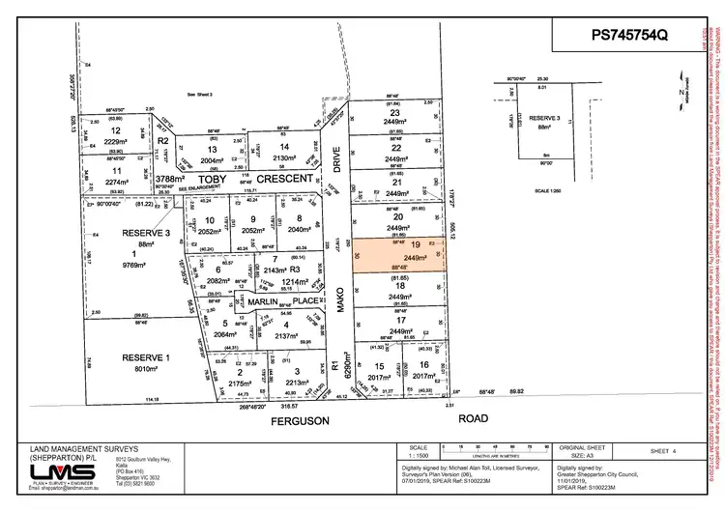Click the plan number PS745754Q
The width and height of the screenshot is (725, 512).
point(628,35)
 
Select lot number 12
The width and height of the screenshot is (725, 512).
point(116,130)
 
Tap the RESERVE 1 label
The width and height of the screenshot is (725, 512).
point(146,358)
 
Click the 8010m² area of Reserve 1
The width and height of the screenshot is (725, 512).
point(146,368)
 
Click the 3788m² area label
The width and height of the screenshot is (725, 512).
point(169,179)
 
